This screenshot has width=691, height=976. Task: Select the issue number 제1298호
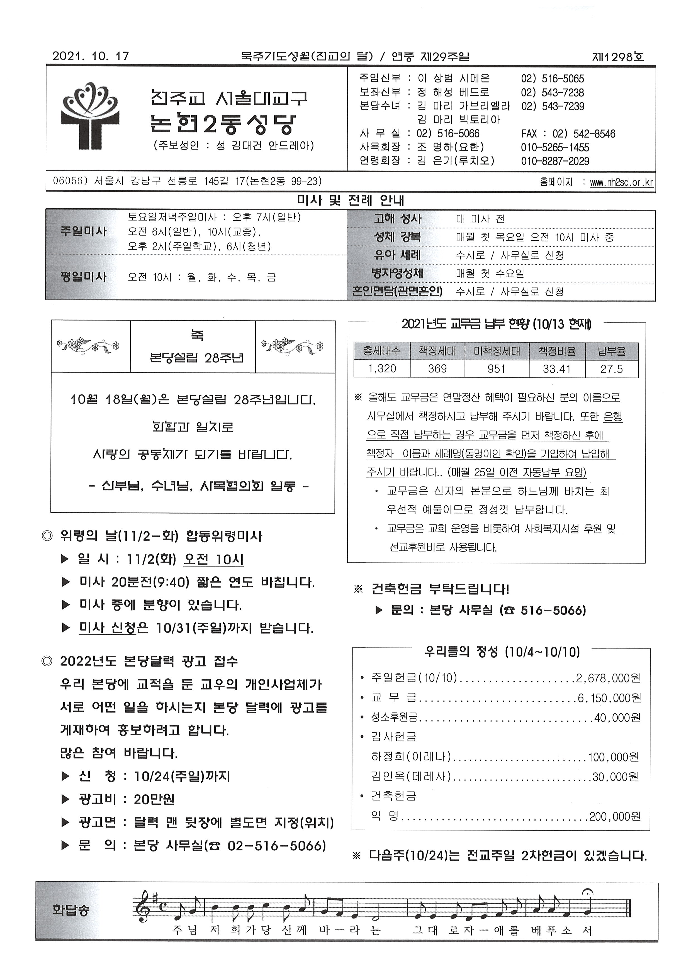[x=618, y=56]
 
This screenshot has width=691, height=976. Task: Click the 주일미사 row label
[x=83, y=232]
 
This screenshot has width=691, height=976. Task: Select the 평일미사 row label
[x=83, y=277]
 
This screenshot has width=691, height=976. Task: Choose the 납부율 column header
[x=611, y=351]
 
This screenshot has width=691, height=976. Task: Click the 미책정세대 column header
[x=497, y=351]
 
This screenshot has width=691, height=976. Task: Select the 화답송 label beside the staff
[x=70, y=911]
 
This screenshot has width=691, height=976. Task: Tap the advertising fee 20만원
[x=154, y=799]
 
